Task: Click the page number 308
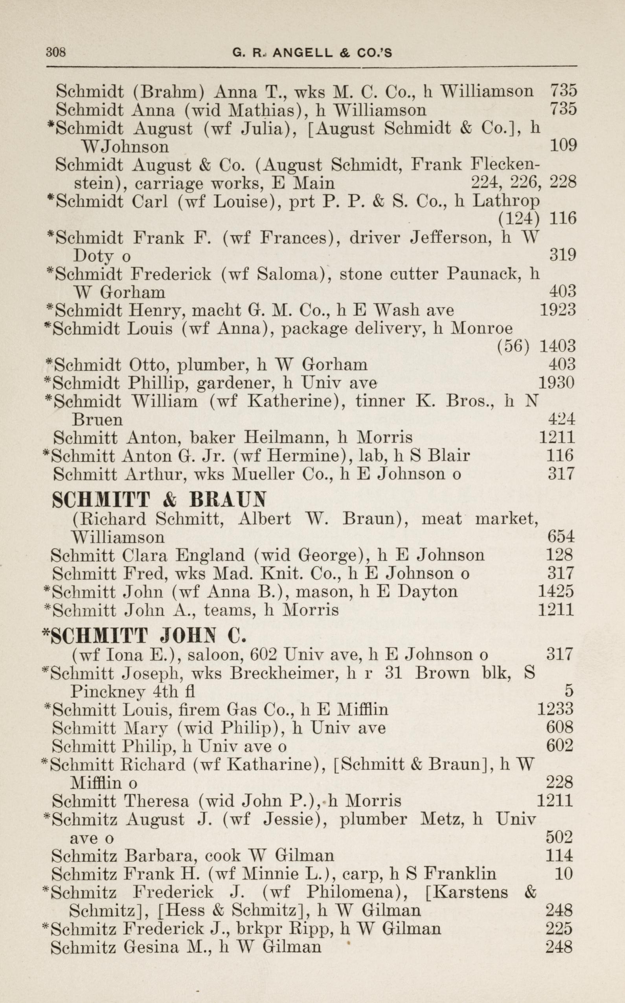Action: [56, 53]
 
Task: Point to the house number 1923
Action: [558, 310]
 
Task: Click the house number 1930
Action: [557, 383]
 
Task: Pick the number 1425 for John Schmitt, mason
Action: [555, 591]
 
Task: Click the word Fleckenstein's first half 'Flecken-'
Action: [505, 165]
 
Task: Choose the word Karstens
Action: [466, 891]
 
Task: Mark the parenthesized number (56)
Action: [513, 346]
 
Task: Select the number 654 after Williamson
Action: [561, 537]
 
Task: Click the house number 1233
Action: [555, 709]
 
